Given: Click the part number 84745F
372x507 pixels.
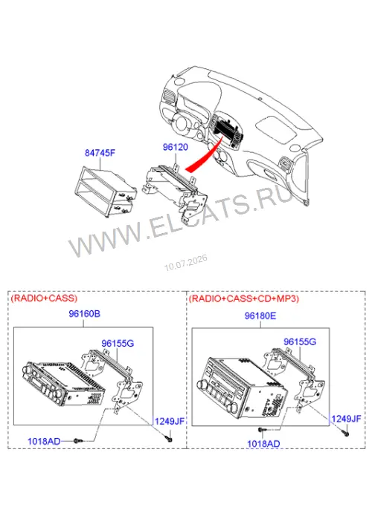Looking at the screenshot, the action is point(100,153).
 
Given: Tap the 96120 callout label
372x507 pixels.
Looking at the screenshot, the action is point(176,147).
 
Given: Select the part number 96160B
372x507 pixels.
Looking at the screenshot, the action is point(84,314).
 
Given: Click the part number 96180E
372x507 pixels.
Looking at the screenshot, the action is point(260,315).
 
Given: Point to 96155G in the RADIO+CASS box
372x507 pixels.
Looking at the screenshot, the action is point(118,343).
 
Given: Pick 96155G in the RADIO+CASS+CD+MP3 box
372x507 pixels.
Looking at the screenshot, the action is point(300,341).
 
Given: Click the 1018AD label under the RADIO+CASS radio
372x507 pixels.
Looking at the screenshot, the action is point(44,441).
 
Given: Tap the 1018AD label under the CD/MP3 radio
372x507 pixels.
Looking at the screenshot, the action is point(263,444).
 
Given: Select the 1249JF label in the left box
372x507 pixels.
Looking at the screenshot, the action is point(170,422).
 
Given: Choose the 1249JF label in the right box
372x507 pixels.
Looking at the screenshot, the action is point(346,419).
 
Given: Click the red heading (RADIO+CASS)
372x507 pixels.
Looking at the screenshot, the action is point(44,298).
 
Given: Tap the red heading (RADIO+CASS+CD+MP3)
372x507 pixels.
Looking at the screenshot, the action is point(244,298).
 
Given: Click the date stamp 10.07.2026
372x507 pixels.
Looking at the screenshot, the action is point(186,263).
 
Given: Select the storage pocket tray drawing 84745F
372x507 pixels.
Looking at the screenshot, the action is point(106,192).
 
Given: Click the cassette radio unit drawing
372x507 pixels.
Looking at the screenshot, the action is point(64,383).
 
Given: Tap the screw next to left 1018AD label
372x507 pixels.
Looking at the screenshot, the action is point(78,441).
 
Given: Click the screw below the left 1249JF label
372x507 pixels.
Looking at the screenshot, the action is point(169,438).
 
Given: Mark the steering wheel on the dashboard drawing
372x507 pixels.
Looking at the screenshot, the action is point(182,122).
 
